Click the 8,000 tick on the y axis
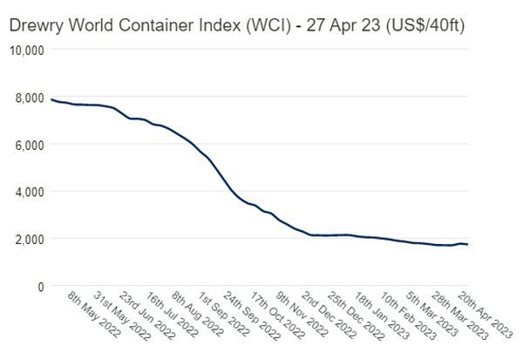[29, 97]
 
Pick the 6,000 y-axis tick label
[29, 144]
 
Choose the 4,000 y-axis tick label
[29, 191]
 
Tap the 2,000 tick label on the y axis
[29, 238]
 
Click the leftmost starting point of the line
[51, 99]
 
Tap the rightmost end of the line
[468, 244]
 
